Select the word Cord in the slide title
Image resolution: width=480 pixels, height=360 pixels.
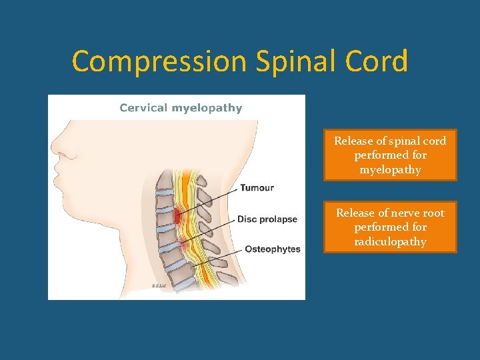381,61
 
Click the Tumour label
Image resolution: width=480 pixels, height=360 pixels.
257,188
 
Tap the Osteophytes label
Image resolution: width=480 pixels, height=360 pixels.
273,249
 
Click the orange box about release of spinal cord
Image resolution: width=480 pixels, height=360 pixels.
390,155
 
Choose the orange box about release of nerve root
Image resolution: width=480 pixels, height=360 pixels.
390,227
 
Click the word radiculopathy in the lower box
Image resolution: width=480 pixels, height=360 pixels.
390,241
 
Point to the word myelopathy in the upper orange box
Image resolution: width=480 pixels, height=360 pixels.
390,169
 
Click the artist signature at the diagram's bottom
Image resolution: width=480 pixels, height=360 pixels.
159,285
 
